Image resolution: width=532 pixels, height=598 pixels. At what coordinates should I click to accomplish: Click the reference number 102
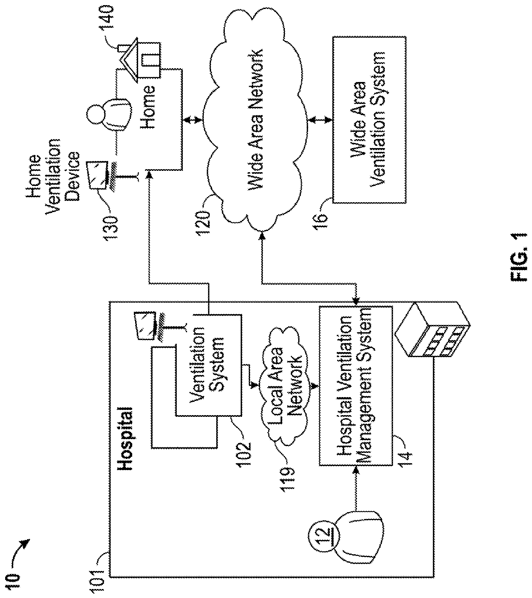(244, 454)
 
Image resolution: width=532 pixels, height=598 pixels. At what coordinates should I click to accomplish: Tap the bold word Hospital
(125, 438)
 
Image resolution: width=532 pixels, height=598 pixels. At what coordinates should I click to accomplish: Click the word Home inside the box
(148, 107)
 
